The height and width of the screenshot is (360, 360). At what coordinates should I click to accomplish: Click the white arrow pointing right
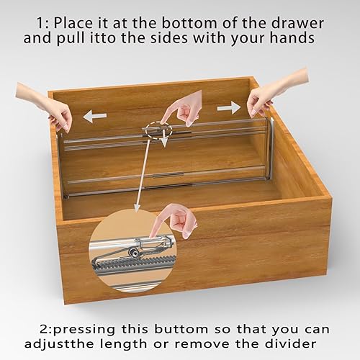coord(228,107)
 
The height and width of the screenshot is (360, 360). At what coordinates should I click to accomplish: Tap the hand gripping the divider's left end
coord(45,104)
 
